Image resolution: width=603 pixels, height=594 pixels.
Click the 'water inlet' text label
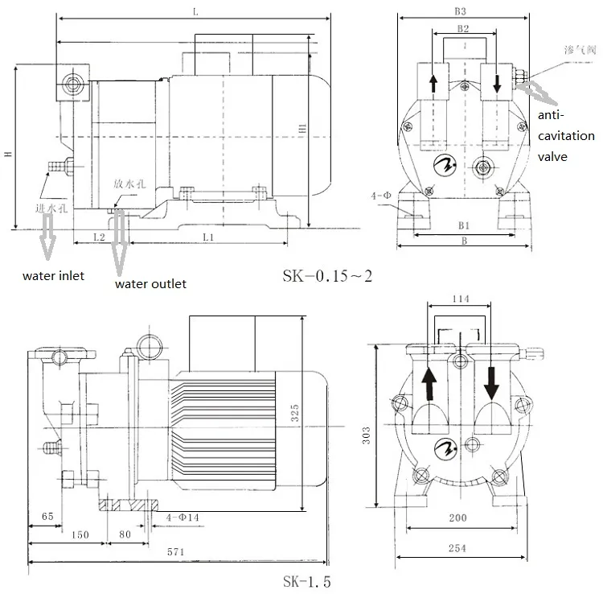click(x=53, y=276)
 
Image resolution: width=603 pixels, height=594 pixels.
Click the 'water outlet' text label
click(x=150, y=283)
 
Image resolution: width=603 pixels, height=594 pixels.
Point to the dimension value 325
click(x=295, y=414)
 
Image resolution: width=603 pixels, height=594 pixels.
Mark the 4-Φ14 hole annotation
click(x=184, y=516)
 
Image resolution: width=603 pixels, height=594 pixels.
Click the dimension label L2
click(x=98, y=238)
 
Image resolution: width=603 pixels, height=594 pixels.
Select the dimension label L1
click(x=207, y=238)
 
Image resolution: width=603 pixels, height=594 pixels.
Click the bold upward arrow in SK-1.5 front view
click(x=431, y=382)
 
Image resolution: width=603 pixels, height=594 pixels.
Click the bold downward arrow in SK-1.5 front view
click(x=490, y=382)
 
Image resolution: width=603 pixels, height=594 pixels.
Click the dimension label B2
click(x=463, y=29)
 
